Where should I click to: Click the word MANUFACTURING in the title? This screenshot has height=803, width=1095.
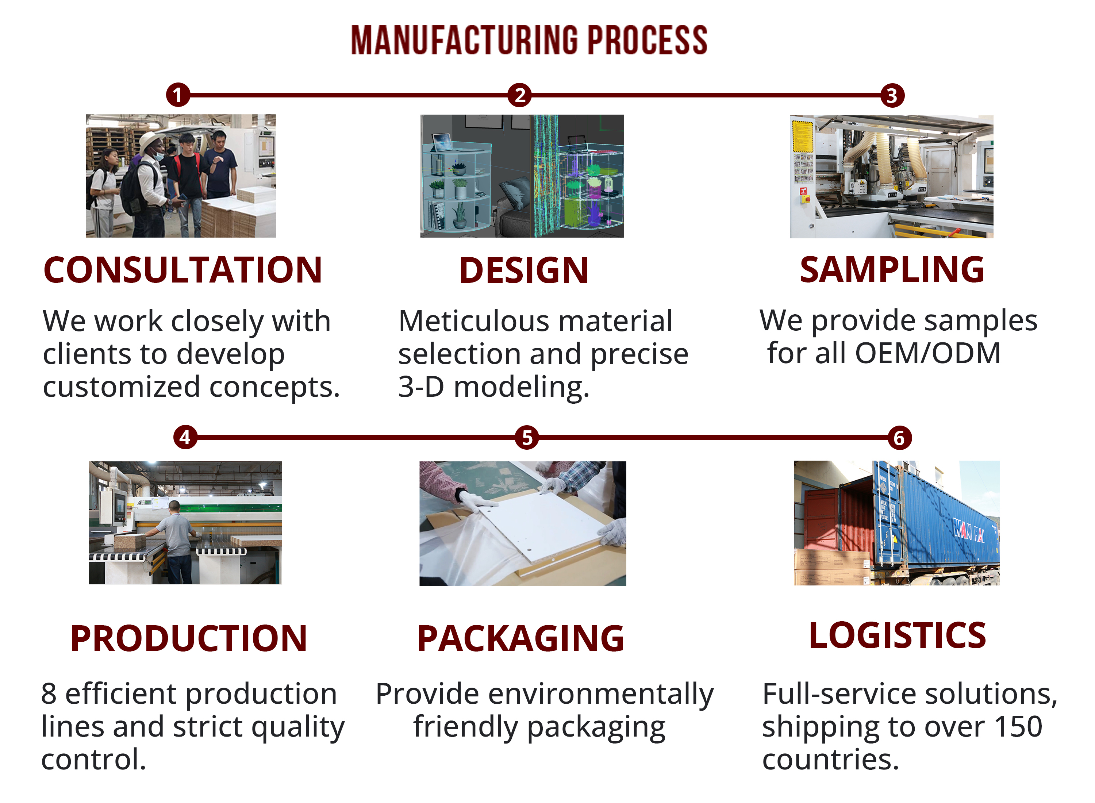tap(464, 41)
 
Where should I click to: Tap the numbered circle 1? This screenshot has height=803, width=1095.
tap(178, 95)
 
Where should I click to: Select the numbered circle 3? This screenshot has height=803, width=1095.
tap(892, 96)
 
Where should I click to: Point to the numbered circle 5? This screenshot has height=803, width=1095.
tap(527, 438)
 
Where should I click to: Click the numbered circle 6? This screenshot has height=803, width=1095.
tap(899, 438)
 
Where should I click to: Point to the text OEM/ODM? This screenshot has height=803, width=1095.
tap(927, 353)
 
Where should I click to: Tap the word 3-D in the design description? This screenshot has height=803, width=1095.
tap(421, 387)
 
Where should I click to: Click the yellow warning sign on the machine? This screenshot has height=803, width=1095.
tap(802, 136)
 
